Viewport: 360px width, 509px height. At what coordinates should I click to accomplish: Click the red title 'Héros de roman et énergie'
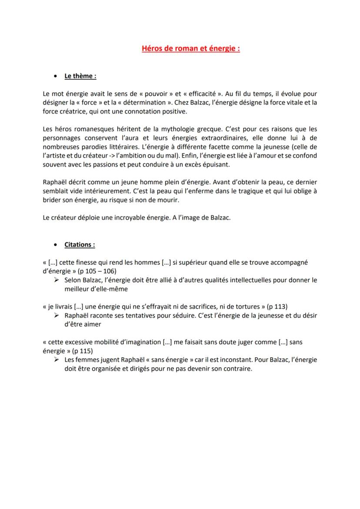(x=191, y=49)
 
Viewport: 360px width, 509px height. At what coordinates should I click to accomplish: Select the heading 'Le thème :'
(x=80, y=76)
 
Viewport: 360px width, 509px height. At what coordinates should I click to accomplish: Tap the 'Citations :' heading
(x=80, y=245)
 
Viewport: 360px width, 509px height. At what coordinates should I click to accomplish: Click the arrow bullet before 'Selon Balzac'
(x=57, y=280)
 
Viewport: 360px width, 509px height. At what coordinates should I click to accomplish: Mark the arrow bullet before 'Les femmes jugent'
(x=57, y=360)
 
